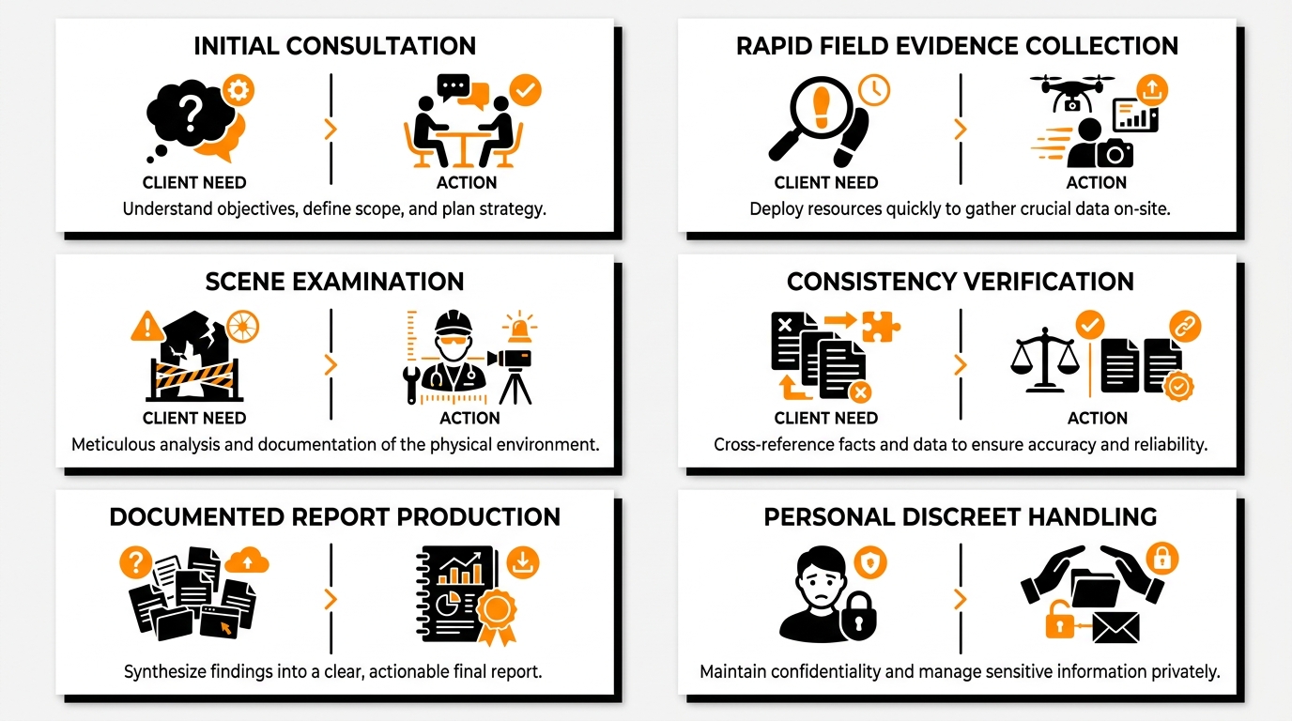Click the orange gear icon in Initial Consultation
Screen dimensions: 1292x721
(238, 90)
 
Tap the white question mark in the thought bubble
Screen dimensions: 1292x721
(191, 113)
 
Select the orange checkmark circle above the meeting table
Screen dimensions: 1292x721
(525, 90)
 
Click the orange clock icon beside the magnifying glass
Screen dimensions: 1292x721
(874, 90)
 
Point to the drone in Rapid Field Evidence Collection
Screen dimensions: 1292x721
(1072, 92)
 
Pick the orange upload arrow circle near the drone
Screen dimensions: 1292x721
(1152, 90)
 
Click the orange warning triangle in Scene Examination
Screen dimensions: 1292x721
(147, 326)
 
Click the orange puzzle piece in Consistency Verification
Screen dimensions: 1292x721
(881, 327)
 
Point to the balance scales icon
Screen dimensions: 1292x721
(1044, 360)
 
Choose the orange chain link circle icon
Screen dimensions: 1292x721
(1185, 327)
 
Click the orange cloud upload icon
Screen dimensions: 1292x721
(247, 560)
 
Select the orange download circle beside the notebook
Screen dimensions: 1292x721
(523, 561)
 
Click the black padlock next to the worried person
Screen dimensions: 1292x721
(858, 617)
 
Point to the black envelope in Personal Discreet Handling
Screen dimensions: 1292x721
(1116, 627)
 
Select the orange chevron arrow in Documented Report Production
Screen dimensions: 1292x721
(331, 599)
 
